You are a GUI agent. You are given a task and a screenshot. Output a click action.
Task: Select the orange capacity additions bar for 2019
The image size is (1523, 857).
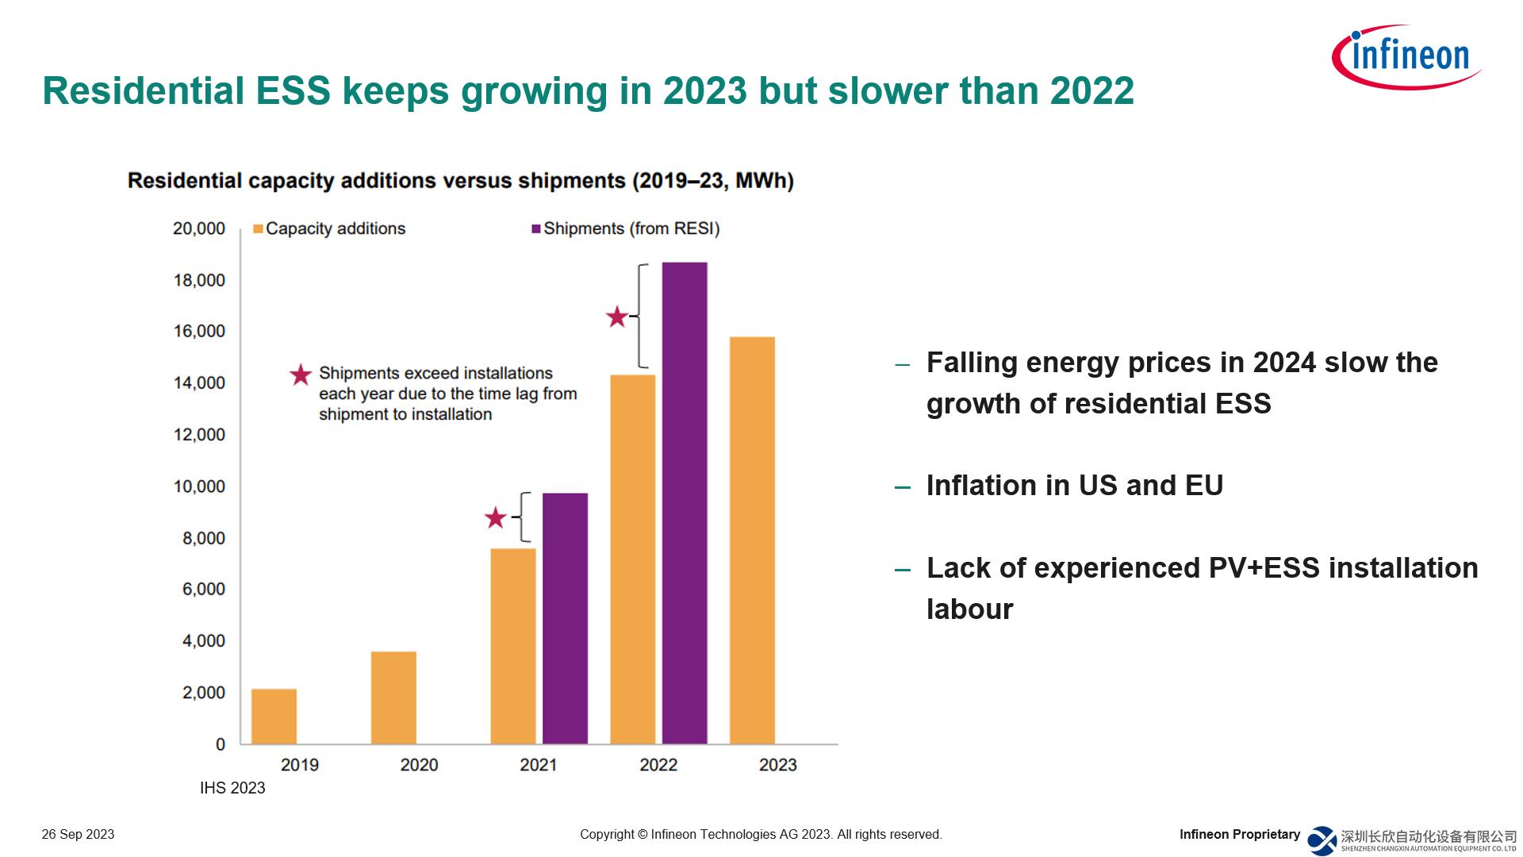[x=274, y=716]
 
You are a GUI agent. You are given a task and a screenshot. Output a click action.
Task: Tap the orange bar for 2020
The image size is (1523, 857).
[x=393, y=698]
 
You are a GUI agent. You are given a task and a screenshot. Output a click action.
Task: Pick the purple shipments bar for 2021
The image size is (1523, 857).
[x=565, y=618]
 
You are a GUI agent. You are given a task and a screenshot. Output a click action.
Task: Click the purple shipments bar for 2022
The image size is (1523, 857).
[x=685, y=503]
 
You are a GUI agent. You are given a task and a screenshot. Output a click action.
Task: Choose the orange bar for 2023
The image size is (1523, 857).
[x=752, y=540]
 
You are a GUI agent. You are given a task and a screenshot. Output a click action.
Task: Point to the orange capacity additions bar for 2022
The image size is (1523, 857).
[x=632, y=559]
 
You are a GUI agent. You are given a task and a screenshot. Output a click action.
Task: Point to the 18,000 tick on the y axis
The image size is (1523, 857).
[x=199, y=280]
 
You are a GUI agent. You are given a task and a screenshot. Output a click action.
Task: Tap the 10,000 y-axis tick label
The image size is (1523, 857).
[x=199, y=486]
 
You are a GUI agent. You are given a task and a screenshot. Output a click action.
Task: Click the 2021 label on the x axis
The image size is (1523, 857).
[x=538, y=765]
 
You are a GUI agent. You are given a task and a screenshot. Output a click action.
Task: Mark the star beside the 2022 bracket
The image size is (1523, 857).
[x=616, y=317]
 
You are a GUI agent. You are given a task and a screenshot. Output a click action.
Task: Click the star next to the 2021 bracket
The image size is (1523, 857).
[x=495, y=518]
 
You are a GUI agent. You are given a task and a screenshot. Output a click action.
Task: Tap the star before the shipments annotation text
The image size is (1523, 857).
[x=301, y=375]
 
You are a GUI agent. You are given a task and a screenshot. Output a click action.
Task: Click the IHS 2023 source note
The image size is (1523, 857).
[x=232, y=788]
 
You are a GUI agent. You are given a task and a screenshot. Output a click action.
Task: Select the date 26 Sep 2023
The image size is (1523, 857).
[x=78, y=834]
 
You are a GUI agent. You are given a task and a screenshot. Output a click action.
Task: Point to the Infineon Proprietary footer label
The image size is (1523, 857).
[x=1239, y=834]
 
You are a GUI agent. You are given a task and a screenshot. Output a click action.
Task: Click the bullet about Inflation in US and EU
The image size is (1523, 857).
[x=1074, y=486]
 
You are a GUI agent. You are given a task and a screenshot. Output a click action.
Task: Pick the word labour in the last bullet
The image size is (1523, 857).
[x=969, y=609]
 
